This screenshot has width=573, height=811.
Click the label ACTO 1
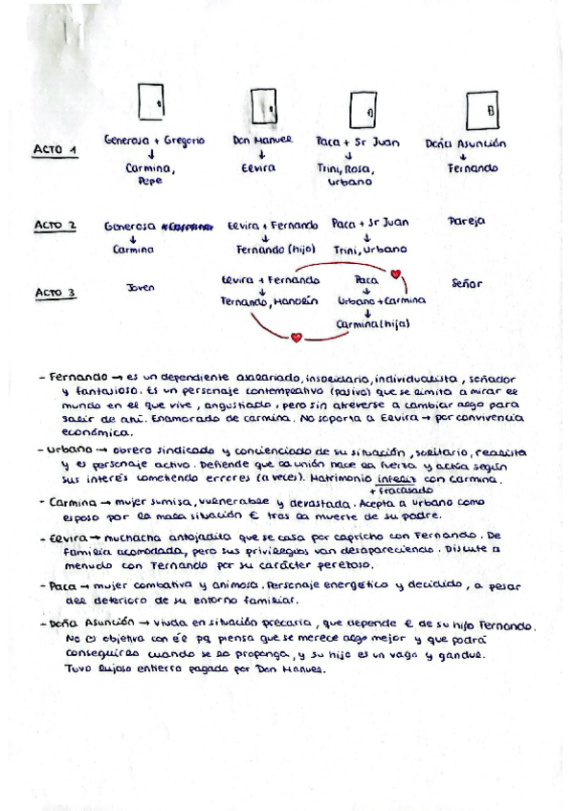(x=55, y=150)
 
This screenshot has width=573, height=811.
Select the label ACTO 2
(x=55, y=227)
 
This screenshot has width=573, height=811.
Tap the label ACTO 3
(x=55, y=292)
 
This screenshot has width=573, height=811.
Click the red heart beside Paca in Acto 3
(x=396, y=275)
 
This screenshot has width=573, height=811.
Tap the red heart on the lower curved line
(x=297, y=337)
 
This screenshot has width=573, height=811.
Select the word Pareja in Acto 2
(x=466, y=221)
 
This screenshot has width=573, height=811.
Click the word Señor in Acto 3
(x=466, y=284)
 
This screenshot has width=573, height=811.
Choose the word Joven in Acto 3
(x=140, y=286)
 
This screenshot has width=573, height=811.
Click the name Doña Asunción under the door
(x=466, y=144)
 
